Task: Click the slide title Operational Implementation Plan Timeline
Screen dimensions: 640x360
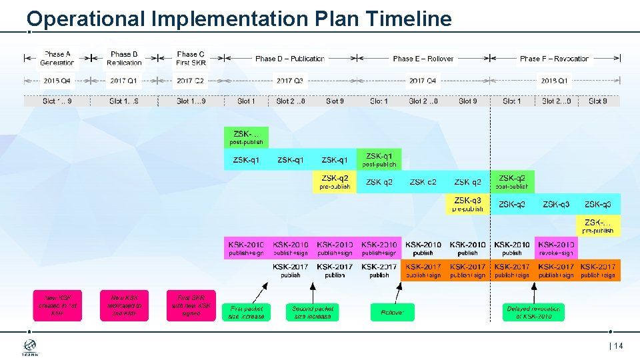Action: tap(239, 19)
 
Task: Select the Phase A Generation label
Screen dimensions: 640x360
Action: tap(57, 59)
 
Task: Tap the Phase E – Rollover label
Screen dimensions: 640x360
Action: tap(423, 59)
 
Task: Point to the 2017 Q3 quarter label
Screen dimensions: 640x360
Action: tap(290, 81)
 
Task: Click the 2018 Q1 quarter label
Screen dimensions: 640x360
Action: tap(555, 81)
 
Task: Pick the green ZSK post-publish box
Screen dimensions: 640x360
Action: tap(246, 137)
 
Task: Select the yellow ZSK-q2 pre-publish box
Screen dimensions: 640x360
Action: tap(335, 182)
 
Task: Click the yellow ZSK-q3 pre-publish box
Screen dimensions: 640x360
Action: tap(467, 204)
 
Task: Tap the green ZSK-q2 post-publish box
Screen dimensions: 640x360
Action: tap(512, 182)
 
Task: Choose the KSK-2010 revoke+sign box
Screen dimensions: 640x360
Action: tap(556, 248)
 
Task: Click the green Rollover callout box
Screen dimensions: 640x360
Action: tap(392, 312)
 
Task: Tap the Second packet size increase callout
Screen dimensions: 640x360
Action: tap(313, 312)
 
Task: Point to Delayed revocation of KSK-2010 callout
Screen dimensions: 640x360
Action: tap(533, 312)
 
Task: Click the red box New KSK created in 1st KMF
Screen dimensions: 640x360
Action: tap(57, 305)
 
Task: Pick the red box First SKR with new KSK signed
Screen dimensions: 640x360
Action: tap(191, 305)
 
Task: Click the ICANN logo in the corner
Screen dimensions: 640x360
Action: tap(31, 347)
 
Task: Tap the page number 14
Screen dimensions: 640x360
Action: tap(617, 345)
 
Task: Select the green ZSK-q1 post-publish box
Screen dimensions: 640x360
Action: tap(379, 159)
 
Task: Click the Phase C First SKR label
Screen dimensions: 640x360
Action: tap(191, 59)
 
